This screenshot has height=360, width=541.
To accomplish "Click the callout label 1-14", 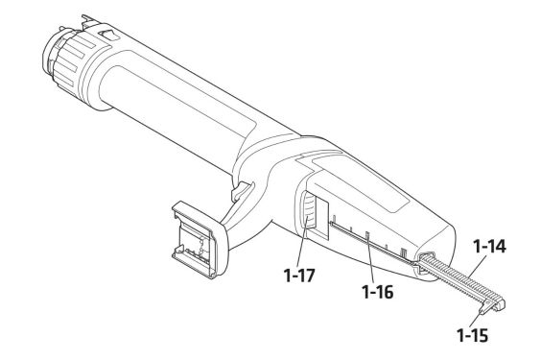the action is pos(489,247).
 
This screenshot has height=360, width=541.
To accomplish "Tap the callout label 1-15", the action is pos(473,335).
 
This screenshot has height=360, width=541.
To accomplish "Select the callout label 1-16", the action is pos(378,292).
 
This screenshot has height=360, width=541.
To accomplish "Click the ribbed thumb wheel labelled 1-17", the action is pos(308,210).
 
